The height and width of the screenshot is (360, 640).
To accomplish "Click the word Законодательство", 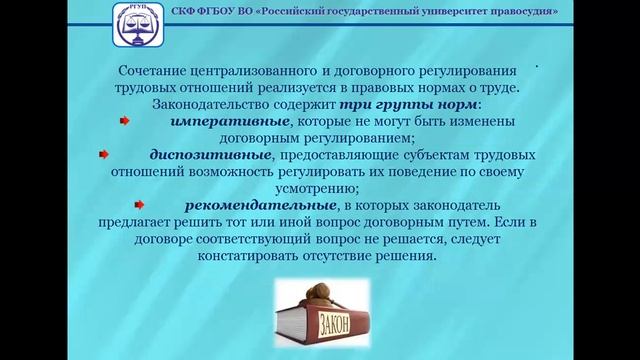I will (x=206, y=104).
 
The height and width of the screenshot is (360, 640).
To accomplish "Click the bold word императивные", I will (x=221, y=121).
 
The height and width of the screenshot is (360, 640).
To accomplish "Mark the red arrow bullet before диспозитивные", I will (x=102, y=155).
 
